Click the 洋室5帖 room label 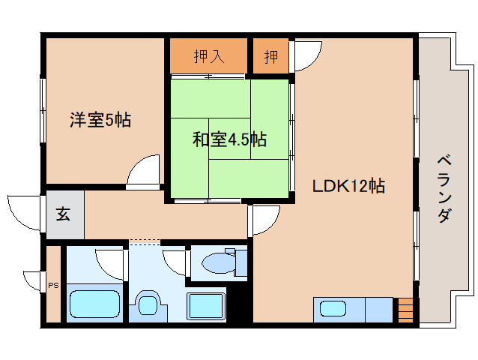[x=100, y=119]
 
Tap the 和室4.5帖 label [x=229, y=139]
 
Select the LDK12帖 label [x=349, y=186]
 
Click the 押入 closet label [x=208, y=56]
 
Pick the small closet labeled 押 [x=270, y=56]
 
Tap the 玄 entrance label [x=63, y=214]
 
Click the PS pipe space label [x=52, y=285]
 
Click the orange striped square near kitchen [x=405, y=308]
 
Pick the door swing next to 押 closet [x=306, y=56]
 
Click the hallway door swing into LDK [x=264, y=219]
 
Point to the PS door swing [x=34, y=280]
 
